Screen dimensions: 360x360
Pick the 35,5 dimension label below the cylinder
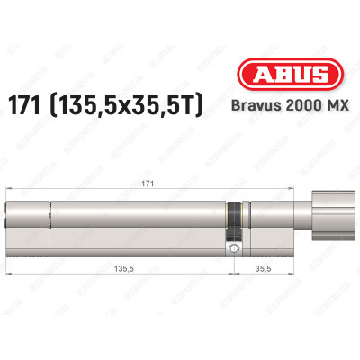click(264, 266)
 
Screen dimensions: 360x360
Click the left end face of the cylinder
click(11, 225)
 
